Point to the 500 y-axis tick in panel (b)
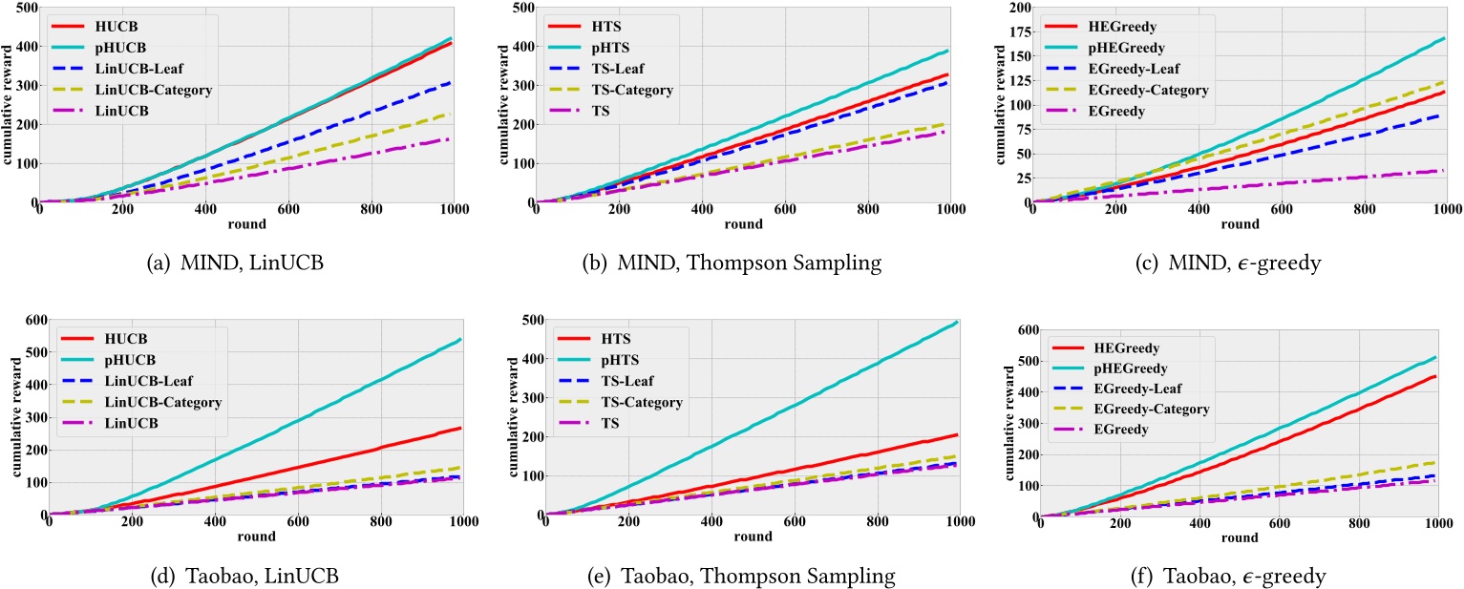517,8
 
